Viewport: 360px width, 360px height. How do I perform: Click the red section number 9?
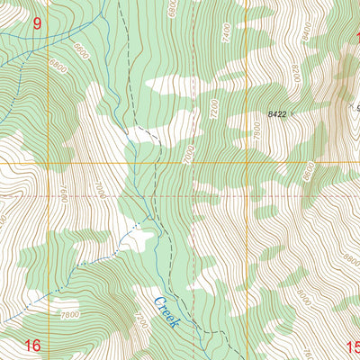tap(37, 24)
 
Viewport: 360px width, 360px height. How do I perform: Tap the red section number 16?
tap(33, 345)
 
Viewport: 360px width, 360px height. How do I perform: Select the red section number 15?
tap(352, 345)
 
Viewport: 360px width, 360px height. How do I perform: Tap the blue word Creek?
tap(167, 311)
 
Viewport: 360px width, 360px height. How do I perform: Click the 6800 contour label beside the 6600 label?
tap(59, 66)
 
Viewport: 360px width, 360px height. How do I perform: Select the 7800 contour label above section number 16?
tap(70, 315)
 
